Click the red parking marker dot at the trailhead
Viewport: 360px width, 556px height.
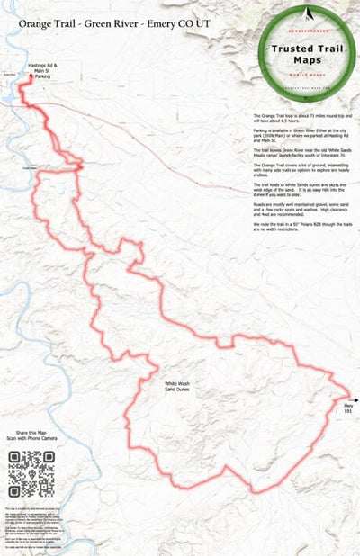[x=31, y=78]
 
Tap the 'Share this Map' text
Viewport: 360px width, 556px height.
[x=31, y=434]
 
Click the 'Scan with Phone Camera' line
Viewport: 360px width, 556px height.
[x=31, y=440]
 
